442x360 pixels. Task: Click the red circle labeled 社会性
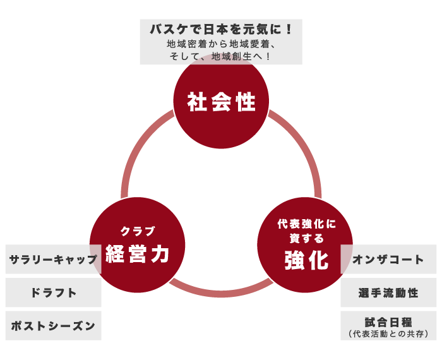(x=221, y=104)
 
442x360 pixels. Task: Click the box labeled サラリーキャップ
(x=53, y=260)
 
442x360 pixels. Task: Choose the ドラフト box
(x=53, y=292)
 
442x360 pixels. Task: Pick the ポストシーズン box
(x=53, y=326)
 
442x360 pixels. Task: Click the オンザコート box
(x=388, y=260)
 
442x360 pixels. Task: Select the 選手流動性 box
(x=388, y=292)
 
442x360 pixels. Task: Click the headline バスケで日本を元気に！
(x=221, y=29)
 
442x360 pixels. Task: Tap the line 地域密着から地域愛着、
(x=221, y=44)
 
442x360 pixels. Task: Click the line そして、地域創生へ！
(x=221, y=56)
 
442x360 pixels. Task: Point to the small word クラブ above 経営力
(x=138, y=231)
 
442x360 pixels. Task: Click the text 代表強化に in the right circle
(x=306, y=224)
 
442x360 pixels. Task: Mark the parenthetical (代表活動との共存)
(x=388, y=333)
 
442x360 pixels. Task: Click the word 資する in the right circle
(x=306, y=239)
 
